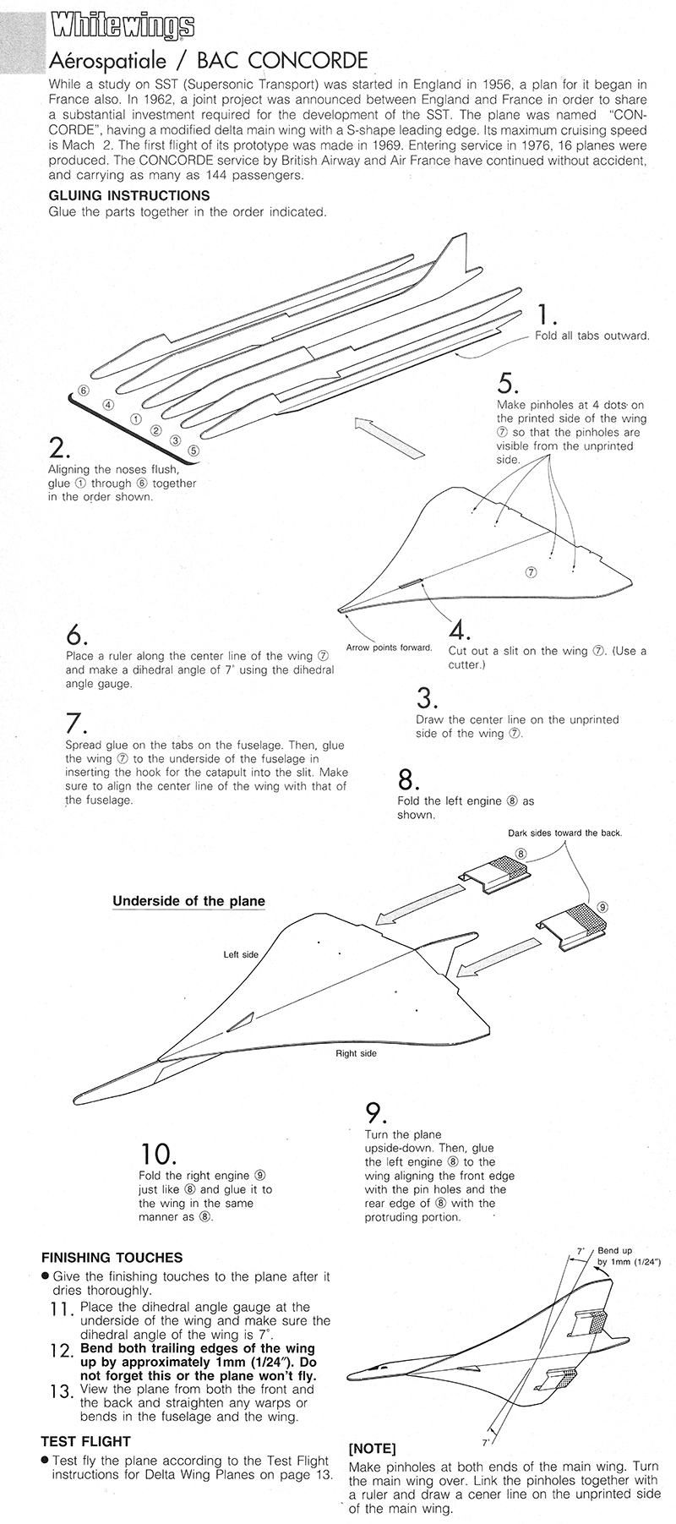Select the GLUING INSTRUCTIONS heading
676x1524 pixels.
[x=129, y=196]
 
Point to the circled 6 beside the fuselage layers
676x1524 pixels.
[x=83, y=390]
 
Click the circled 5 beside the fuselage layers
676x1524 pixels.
[x=194, y=450]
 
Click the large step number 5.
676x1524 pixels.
[x=508, y=383]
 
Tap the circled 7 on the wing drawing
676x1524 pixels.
[x=532, y=571]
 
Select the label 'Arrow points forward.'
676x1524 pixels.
[x=390, y=648]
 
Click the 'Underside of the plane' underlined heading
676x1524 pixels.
[x=188, y=901]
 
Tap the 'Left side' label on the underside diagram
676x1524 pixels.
[x=240, y=954]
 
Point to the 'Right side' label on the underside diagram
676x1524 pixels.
[x=356, y=1053]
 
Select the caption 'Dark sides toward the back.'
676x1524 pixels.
[x=564, y=833]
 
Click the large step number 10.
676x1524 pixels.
[x=157, y=1154]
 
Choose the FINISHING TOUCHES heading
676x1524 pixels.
[x=112, y=1258]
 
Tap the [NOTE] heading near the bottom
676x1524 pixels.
[x=372, y=1448]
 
